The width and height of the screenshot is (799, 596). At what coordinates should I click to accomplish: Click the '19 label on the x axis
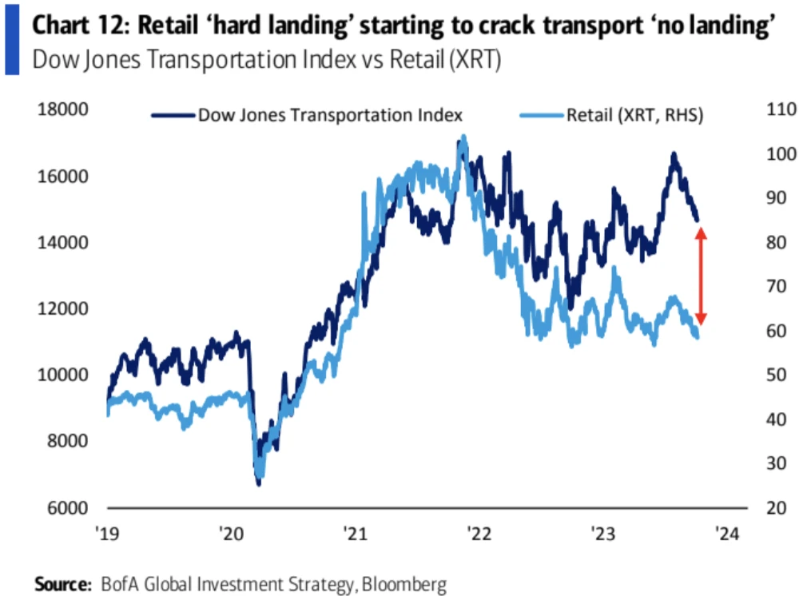point(109,532)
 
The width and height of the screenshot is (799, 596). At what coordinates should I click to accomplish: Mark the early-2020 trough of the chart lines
point(258,480)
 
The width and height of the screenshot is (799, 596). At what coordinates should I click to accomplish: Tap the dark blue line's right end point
point(698,220)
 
